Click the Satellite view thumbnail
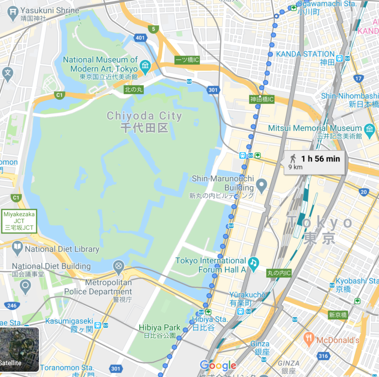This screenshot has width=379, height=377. point(20,349)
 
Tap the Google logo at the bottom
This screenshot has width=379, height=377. point(218,366)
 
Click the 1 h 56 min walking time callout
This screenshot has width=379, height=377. point(314,162)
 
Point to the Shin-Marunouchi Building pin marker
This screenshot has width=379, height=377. point(261,186)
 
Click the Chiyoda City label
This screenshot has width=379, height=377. point(145,121)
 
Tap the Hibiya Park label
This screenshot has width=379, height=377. point(159,328)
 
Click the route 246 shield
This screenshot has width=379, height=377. point(11,305)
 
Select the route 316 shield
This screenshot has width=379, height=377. point(323,356)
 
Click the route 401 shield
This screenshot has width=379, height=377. point(140,38)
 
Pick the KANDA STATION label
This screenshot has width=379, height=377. point(305,54)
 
